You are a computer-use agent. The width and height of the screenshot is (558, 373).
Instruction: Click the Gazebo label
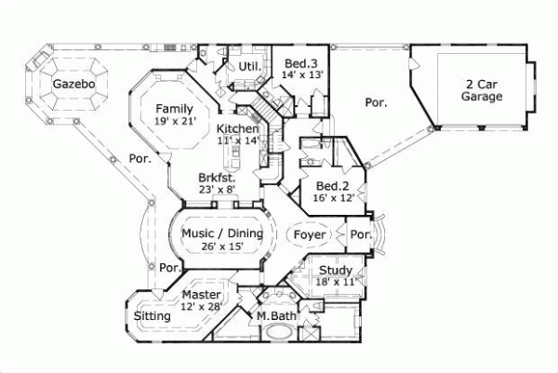point(69,84)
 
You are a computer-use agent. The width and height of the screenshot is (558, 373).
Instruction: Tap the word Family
point(174,107)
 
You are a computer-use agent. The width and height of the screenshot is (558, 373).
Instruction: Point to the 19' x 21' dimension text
point(174,120)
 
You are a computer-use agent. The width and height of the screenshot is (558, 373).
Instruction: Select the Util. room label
point(247,67)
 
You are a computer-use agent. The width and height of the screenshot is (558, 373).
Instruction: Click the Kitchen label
point(237,128)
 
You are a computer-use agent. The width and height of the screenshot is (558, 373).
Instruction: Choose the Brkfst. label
point(217,177)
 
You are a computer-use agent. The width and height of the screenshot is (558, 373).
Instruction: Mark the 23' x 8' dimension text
point(217,189)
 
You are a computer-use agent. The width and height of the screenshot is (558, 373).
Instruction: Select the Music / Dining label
point(221,233)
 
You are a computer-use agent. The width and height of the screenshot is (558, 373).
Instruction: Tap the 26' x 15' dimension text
point(221,246)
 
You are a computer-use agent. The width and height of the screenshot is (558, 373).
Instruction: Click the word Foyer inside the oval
point(310,235)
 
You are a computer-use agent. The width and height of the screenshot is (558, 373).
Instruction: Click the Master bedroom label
point(202,295)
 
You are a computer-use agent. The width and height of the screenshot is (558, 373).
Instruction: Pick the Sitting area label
point(153,316)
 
